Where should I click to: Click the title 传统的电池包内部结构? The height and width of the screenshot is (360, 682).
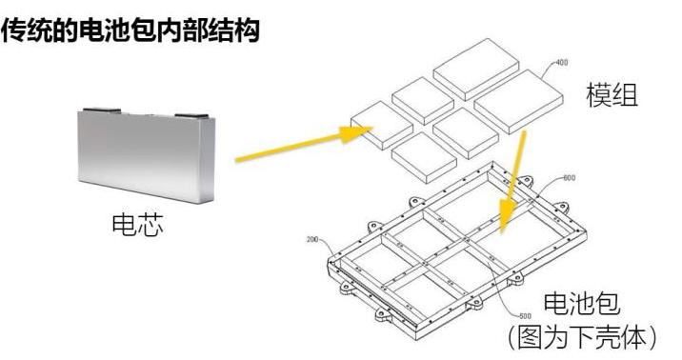[130, 30]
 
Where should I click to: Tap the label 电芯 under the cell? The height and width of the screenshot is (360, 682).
[137, 225]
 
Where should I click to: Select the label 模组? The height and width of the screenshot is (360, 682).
[612, 95]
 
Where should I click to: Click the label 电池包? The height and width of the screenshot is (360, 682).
[582, 304]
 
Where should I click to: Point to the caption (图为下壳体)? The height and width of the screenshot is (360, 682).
[582, 337]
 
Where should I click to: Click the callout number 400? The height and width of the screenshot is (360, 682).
[562, 63]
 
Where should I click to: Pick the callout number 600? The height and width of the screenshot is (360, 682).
[569, 178]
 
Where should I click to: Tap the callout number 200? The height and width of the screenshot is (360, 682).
[312, 239]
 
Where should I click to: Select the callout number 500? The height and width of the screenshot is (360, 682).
[525, 316]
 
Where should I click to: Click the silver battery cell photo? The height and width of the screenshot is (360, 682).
[147, 155]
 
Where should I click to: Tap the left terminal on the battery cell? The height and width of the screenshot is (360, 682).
[102, 110]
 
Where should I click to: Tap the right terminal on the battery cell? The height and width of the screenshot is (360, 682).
[191, 116]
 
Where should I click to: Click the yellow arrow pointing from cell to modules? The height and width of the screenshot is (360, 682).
[305, 143]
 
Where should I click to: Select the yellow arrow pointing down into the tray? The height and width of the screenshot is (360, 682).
[513, 182]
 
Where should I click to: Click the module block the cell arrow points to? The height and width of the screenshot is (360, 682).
[382, 125]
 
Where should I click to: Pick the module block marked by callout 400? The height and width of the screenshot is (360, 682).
[518, 101]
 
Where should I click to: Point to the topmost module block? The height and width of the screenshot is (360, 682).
[476, 69]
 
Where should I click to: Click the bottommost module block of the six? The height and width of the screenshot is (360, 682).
[424, 157]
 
